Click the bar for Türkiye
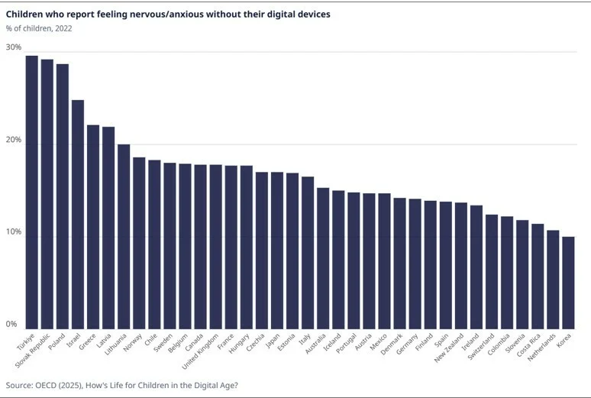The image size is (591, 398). [x=31, y=191]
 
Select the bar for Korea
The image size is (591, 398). [x=568, y=281]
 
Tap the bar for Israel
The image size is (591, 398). [x=77, y=213]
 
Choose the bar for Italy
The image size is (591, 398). [x=307, y=251]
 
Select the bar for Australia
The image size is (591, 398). [x=323, y=257]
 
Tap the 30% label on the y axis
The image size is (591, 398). [x=14, y=47]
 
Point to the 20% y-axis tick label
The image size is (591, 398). [x=14, y=141]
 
